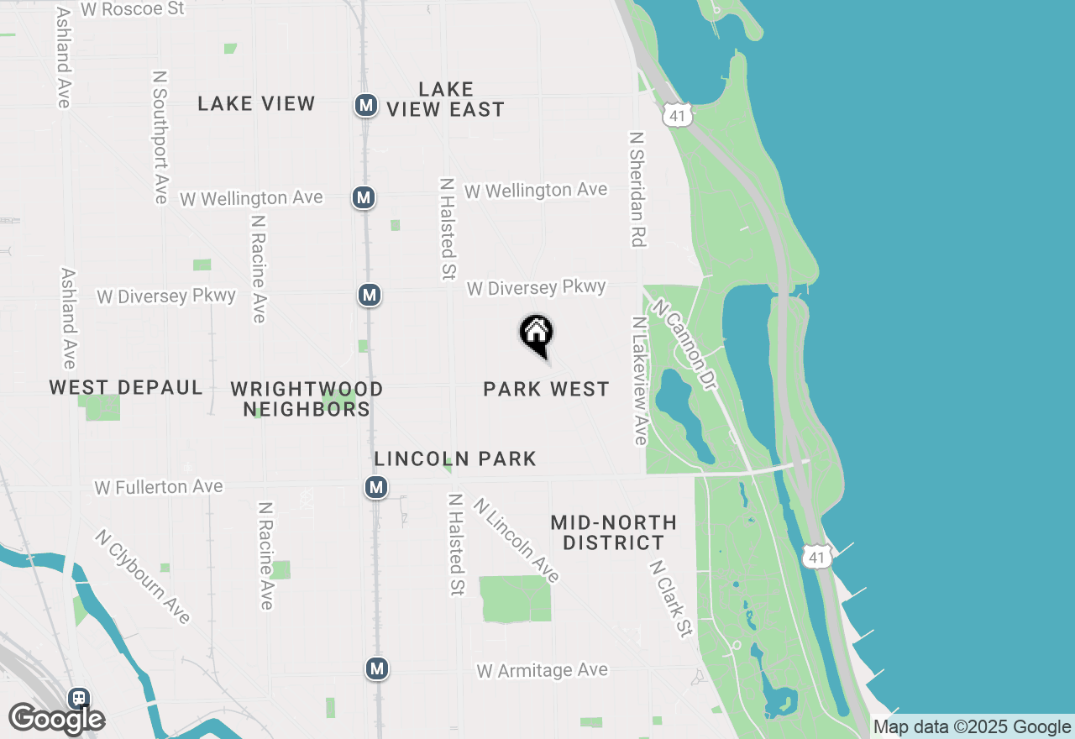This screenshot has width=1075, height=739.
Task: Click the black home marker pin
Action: [x=536, y=334]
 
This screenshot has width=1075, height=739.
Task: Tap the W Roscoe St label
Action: [x=132, y=9]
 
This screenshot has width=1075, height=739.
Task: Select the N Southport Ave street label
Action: [x=160, y=136]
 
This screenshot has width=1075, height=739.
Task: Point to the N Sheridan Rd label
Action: [x=637, y=188]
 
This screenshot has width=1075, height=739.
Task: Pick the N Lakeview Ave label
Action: [x=640, y=380]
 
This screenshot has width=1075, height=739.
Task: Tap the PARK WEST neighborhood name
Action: [x=546, y=389]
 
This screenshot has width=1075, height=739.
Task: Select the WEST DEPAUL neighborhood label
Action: [x=126, y=387]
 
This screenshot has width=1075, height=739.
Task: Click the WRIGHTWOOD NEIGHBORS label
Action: [x=307, y=399]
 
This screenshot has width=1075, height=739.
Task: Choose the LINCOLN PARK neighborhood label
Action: [x=455, y=459]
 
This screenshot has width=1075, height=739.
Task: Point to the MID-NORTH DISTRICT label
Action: [x=613, y=532]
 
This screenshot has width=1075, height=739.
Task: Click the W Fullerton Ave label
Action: [x=159, y=486]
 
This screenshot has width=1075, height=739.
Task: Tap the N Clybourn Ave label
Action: [x=143, y=576]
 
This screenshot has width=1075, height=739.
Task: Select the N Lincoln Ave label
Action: [x=516, y=540]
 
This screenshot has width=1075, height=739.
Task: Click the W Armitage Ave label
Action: [x=542, y=670]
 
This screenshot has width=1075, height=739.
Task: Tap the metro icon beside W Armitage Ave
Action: [x=377, y=668]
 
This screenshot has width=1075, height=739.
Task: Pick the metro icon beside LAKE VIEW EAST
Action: [x=365, y=105]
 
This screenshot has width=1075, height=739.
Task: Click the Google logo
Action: [x=56, y=719]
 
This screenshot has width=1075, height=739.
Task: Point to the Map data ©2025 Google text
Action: [x=972, y=727]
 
